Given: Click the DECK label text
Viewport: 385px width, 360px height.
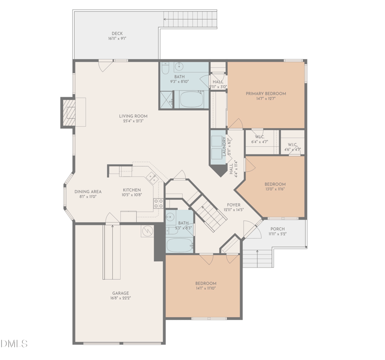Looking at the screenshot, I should coord(117,34).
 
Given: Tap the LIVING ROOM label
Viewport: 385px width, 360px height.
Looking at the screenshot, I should coord(133,116).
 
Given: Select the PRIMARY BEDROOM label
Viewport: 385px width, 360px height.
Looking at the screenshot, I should coord(266,93).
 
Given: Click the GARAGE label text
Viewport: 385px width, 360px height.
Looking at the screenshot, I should coord(120,293).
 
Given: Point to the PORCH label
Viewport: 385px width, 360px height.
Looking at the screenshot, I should coord(277,229).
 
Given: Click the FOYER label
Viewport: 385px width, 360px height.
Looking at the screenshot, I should coord(233,205).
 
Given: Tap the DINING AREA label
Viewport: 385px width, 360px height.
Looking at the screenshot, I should coord(88,192).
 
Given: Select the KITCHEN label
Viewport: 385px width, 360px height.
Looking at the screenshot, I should coord(131,190).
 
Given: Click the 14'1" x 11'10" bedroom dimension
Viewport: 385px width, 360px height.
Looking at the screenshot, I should coord(205,288).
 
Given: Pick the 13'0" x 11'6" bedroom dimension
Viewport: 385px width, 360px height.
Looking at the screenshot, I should coord(275,189).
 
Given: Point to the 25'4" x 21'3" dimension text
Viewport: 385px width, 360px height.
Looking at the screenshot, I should coord(133,121).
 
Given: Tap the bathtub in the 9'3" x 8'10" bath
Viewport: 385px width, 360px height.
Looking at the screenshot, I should coord(192,100).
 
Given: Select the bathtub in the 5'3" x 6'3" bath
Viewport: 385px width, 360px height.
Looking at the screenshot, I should coord(179,244).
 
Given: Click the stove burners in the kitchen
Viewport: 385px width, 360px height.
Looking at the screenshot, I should coord(158,203).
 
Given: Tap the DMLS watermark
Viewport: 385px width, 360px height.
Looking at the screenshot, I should coord(14,344).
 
